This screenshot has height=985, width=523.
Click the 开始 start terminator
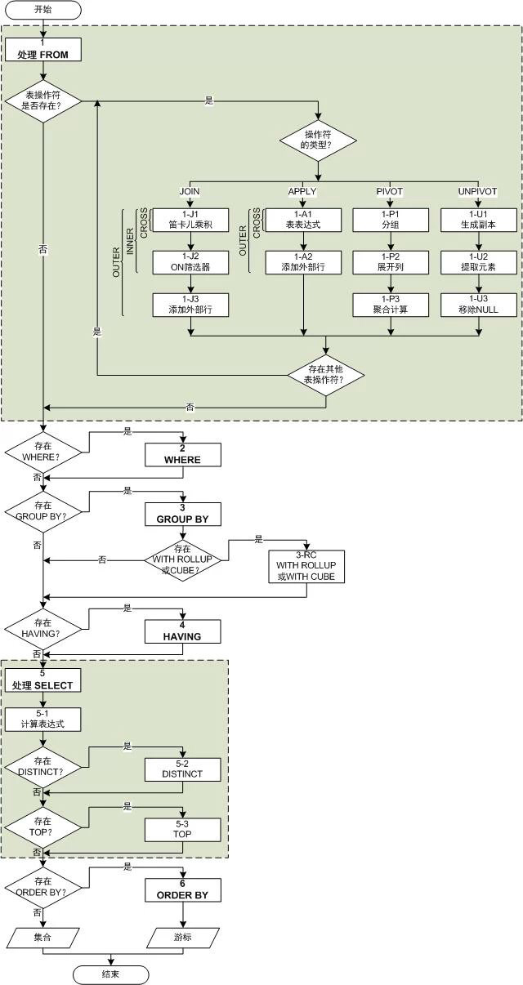point(43,10)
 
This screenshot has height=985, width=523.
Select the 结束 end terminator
point(111,974)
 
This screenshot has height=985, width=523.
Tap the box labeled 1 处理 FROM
point(43,50)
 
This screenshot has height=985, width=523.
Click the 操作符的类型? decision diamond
point(319,139)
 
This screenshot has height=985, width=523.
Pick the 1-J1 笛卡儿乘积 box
point(190,219)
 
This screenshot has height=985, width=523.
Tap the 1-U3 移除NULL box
point(479,304)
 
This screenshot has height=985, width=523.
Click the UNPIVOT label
point(479,192)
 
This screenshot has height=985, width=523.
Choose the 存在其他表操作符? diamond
point(326,375)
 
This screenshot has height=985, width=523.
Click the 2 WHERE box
point(183,455)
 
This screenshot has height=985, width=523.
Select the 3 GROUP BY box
point(183,514)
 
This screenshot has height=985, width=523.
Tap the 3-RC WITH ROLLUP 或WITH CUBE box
point(306,565)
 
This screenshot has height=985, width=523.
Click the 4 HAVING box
point(183,631)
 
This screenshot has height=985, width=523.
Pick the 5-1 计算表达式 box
point(43,719)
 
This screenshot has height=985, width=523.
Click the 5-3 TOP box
point(183,829)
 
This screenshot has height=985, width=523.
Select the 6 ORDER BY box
point(183,889)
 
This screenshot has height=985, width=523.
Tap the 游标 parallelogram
point(183,937)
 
